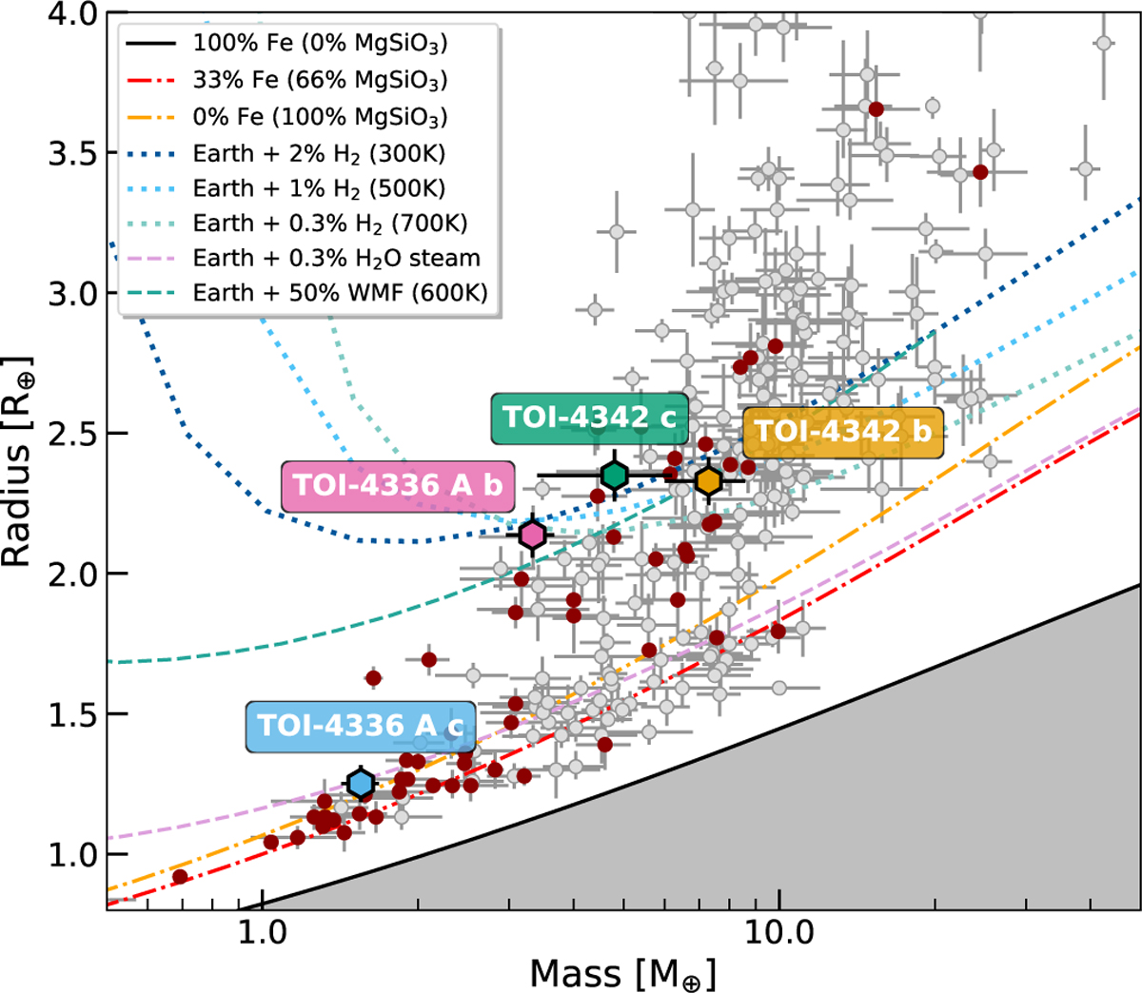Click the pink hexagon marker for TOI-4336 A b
[x=532, y=535]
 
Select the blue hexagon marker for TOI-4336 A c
[x=361, y=783]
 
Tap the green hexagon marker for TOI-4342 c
[x=615, y=475]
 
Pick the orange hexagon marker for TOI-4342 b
[x=708, y=481]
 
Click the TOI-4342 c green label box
[x=589, y=419]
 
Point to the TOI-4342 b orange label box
[x=842, y=432]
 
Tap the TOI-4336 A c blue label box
[x=361, y=727]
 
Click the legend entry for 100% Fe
[x=319, y=43]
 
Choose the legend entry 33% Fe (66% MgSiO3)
[x=319, y=80]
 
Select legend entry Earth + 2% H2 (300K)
[x=319, y=153]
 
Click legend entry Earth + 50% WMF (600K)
[x=340, y=292]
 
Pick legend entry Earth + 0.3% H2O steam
[x=336, y=258]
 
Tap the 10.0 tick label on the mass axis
[x=778, y=932]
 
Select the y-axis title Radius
[x=19, y=461]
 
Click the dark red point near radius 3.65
[x=876, y=109]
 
